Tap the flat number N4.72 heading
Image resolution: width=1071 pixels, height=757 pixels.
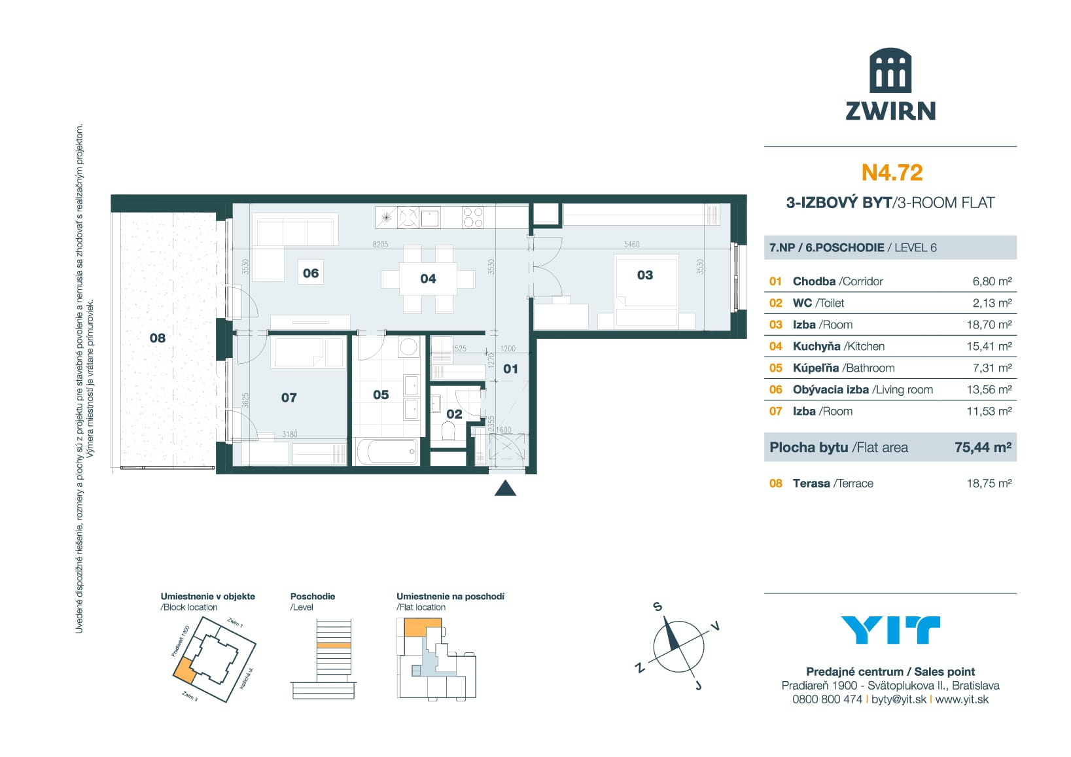pos(892,172)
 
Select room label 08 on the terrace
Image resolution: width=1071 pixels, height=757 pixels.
pos(158,338)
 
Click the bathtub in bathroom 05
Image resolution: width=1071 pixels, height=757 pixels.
pos(387,451)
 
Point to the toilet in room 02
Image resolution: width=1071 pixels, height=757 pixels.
pos(449,432)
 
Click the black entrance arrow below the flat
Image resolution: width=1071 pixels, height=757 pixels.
pos(505,488)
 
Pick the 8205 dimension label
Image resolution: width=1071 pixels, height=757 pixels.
pos(380,244)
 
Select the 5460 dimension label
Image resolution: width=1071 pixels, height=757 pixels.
pos(631,244)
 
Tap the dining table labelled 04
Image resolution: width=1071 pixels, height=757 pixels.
pos(428,279)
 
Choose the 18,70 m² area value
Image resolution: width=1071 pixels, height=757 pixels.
pos(992,325)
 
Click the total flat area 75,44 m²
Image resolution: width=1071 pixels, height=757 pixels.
pos(983,448)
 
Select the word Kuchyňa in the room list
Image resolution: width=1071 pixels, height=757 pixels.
pos(816,346)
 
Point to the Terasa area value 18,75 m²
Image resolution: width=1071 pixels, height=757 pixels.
pos(989,484)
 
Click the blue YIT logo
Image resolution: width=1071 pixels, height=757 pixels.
pos(890,630)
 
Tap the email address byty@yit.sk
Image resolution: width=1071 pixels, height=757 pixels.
pos(899,699)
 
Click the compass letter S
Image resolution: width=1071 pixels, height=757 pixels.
pos(658,607)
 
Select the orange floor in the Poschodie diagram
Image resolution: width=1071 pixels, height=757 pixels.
pos(334,645)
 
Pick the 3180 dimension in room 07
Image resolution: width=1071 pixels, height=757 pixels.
pos(289,434)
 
